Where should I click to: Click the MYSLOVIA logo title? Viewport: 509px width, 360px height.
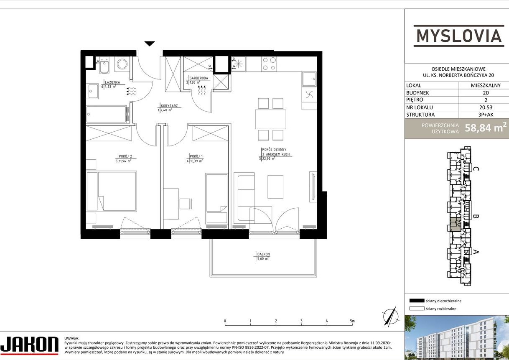[x=458, y=36]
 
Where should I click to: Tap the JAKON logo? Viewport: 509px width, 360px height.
[x=29, y=345]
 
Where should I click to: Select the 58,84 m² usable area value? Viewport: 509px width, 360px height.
[x=486, y=128]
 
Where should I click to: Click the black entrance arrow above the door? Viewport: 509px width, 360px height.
[x=150, y=43]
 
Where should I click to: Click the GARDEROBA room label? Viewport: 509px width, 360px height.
[x=199, y=78]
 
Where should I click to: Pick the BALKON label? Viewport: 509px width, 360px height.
[x=263, y=254]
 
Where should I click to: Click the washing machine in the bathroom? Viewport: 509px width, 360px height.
[x=122, y=64]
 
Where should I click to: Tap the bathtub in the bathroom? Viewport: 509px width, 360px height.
[x=107, y=114]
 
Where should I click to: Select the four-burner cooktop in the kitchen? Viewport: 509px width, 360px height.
[x=269, y=64]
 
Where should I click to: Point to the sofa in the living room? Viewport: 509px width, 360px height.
[x=244, y=197]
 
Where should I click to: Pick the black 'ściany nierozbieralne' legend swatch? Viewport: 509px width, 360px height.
[x=417, y=301]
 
